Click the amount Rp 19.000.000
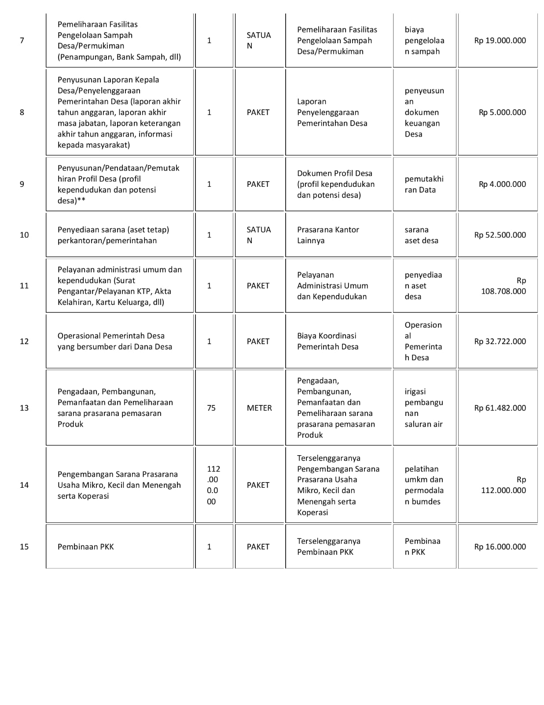(x=500, y=41)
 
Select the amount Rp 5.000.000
(x=502, y=112)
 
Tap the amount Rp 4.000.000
(x=502, y=184)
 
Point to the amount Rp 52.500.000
(x=500, y=235)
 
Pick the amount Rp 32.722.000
(x=500, y=341)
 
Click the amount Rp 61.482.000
(x=500, y=408)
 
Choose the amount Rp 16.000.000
(x=500, y=547)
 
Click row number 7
(x=22, y=41)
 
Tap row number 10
(x=24, y=235)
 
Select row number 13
(x=24, y=408)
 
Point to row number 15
(x=24, y=547)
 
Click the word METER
(x=259, y=408)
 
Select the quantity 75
(x=211, y=408)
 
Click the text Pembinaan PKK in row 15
(x=86, y=547)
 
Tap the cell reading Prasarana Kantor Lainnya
(x=328, y=235)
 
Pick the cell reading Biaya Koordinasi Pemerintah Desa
(x=327, y=341)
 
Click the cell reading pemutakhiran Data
(x=424, y=184)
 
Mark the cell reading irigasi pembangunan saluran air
(x=424, y=408)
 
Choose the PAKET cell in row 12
(x=258, y=341)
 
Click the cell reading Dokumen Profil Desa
(x=335, y=184)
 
